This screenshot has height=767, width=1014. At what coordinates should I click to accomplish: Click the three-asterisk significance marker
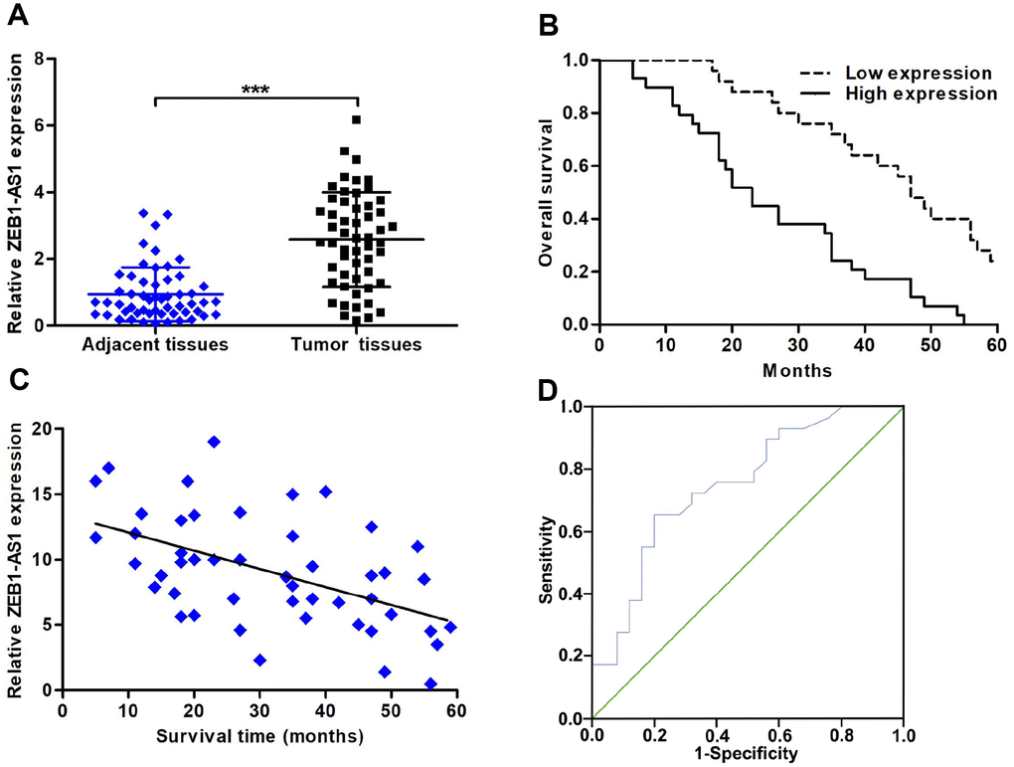click(x=255, y=90)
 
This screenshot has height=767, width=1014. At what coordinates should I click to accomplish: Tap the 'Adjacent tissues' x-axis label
click(x=157, y=345)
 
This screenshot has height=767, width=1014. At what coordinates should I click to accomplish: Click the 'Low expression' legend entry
click(x=918, y=74)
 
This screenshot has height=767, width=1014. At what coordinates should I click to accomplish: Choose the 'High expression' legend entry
click(x=920, y=94)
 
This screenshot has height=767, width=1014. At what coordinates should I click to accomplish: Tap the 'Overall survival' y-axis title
click(x=546, y=192)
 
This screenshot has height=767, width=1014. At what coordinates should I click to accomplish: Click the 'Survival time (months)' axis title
click(x=258, y=736)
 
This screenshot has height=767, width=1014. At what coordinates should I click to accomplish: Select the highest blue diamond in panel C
click(x=214, y=442)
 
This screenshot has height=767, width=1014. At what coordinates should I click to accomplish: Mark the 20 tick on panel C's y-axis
click(x=43, y=429)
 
